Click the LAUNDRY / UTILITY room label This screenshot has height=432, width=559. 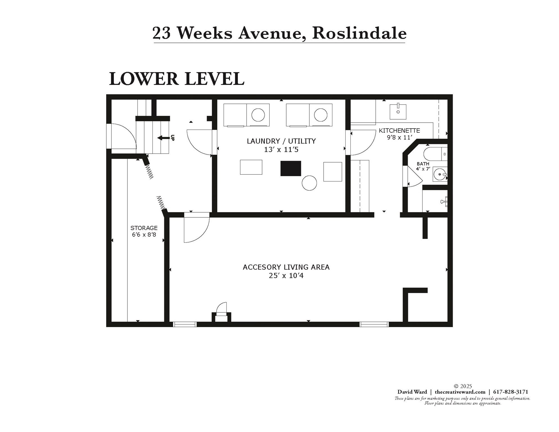coord(281,141)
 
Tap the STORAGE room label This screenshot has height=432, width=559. coord(144,228)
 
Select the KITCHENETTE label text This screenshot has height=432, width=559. coord(399,130)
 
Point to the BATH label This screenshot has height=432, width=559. coord(423,164)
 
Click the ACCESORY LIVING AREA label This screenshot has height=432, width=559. coord(286,267)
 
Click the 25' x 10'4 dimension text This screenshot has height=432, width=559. coord(286,276)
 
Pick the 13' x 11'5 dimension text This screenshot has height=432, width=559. coord(281,150)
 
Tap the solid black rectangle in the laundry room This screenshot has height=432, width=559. coord(291,168)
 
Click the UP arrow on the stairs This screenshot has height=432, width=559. coord(164,138)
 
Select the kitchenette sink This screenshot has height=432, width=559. coord(398,112)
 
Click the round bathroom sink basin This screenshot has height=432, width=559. coord(439,174)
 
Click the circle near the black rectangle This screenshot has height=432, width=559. coord(309,183)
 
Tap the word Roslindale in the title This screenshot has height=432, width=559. coord(359,33)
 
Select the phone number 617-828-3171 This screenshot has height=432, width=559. coord(511,392)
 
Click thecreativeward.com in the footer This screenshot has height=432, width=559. coord(460,392)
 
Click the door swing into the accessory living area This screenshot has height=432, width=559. coord(196,228)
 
